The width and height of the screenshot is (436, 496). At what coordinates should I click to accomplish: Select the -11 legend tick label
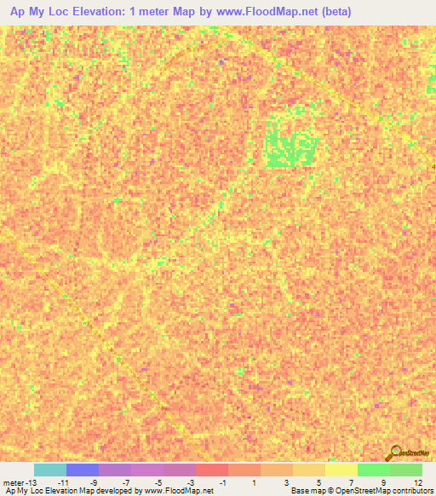[x=62, y=483]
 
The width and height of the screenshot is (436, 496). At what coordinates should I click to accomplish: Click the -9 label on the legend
[x=95, y=483]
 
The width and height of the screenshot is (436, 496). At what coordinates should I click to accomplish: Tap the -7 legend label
[x=127, y=483]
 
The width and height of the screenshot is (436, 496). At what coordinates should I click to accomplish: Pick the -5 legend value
[x=159, y=483]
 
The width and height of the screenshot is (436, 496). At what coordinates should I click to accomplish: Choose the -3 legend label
[x=192, y=483]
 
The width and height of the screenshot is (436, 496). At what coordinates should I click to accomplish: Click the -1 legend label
[x=224, y=483]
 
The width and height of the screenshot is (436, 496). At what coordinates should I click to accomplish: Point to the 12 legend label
[x=418, y=483]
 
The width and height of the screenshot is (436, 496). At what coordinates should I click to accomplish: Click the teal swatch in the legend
[x=49, y=470]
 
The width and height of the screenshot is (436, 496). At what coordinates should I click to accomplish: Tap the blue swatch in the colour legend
[x=82, y=470]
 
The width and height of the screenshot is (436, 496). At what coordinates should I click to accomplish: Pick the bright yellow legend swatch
[x=341, y=470]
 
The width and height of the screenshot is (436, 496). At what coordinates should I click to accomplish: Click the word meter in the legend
[x=14, y=483]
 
